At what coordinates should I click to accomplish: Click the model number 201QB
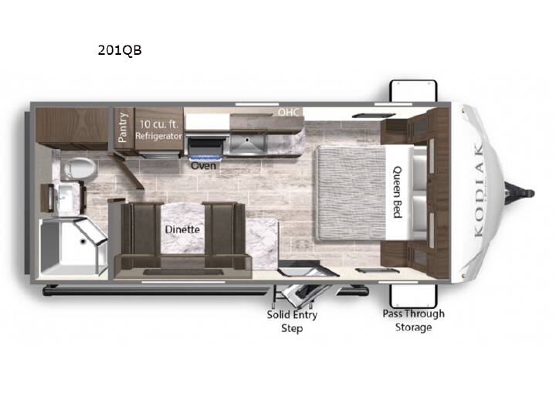[x=120, y=50]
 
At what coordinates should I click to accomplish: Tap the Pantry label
[x=122, y=127]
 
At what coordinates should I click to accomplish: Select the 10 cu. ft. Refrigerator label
[x=158, y=130]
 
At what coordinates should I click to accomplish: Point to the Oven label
[x=204, y=165]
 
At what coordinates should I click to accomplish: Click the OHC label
[x=288, y=112]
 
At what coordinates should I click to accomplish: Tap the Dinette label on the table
[x=182, y=229]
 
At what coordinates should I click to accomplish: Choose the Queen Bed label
[x=398, y=192]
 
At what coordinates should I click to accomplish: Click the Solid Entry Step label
[x=292, y=321]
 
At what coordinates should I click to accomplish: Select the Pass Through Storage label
[x=413, y=320]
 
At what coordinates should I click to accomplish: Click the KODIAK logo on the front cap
[x=479, y=190]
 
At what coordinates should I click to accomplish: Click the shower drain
[x=83, y=242]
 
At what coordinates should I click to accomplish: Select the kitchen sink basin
[x=247, y=144]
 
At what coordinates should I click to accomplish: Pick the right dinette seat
[x=224, y=236]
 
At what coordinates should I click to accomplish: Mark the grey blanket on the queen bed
[x=351, y=192]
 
